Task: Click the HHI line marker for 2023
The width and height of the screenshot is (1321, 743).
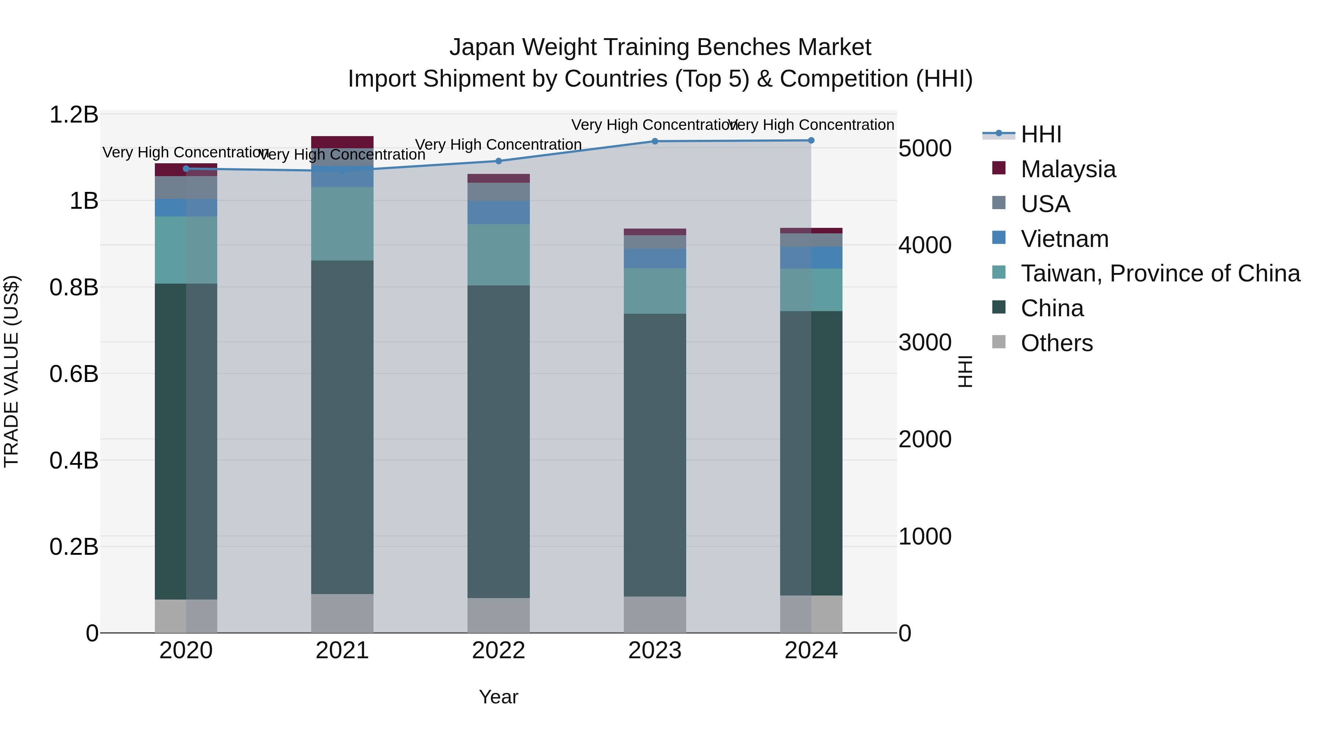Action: [655, 141]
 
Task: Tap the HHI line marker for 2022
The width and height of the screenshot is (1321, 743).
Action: [498, 161]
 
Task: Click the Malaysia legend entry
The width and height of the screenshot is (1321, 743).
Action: [1068, 169]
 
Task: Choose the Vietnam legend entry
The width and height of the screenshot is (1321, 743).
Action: [1064, 239]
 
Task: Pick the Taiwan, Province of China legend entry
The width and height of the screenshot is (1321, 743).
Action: [1160, 273]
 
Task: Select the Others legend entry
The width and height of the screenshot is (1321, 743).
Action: [1056, 343]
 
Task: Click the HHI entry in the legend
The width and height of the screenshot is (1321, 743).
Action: [1041, 134]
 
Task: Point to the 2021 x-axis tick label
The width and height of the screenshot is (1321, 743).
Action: [342, 651]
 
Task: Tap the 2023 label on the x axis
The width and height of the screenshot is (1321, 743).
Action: [655, 651]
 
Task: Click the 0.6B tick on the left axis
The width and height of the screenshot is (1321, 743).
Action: [73, 374]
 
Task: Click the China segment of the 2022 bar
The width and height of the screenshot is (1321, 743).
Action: [498, 441]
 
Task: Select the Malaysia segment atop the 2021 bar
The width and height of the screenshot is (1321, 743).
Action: [342, 142]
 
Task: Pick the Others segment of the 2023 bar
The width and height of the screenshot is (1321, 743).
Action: [655, 614]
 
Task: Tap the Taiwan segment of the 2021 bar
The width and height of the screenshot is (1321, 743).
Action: [342, 223]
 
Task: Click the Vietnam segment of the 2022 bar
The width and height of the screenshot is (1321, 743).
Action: [498, 212]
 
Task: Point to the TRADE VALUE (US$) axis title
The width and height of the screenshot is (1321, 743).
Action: [11, 371]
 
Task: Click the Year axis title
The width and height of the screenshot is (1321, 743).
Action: [498, 697]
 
